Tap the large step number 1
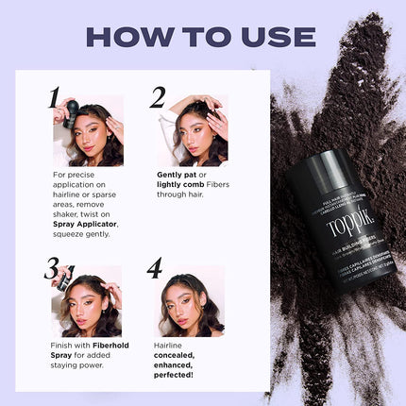click(54, 97)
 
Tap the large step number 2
click(158, 97)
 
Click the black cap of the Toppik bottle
click(321, 170)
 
